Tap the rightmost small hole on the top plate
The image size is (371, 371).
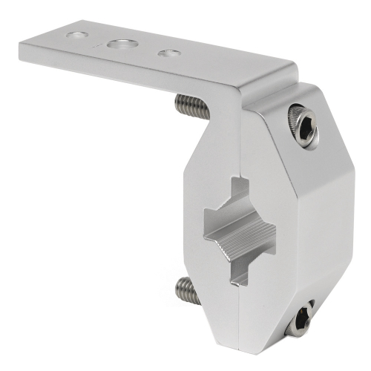pyautogui.click(x=169, y=53)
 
